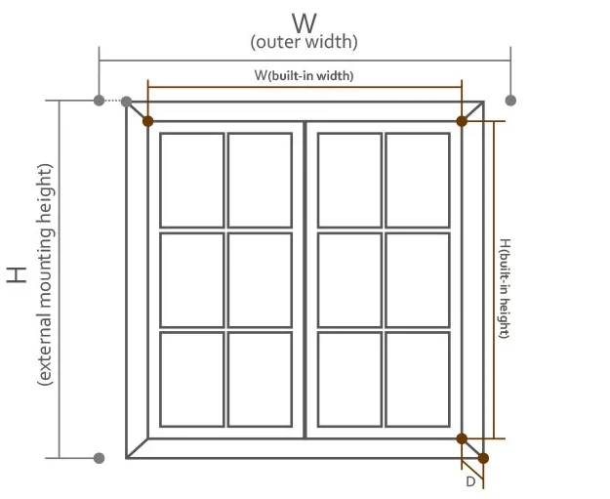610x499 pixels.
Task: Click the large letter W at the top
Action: click(x=305, y=21)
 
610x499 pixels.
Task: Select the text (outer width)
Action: click(x=305, y=43)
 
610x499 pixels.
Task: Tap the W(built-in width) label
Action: click(x=305, y=75)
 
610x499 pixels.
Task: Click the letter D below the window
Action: click(x=470, y=480)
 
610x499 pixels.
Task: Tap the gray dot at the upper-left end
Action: click(x=99, y=101)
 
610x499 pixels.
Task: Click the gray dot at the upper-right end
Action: click(x=510, y=101)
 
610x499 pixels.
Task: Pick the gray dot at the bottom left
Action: click(x=99, y=457)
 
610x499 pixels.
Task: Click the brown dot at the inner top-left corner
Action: click(x=147, y=121)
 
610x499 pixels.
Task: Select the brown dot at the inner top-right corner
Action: click(x=462, y=121)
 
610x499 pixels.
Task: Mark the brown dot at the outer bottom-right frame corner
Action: click(x=483, y=458)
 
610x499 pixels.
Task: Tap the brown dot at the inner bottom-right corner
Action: click(x=462, y=437)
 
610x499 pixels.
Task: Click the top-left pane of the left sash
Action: click(x=191, y=180)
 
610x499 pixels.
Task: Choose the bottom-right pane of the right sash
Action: click(x=417, y=379)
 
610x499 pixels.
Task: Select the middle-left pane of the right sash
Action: click(x=348, y=279)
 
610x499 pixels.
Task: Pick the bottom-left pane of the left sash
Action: click(x=191, y=379)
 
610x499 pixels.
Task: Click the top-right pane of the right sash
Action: click(x=417, y=180)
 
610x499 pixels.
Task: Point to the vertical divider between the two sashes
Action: click(x=305, y=279)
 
